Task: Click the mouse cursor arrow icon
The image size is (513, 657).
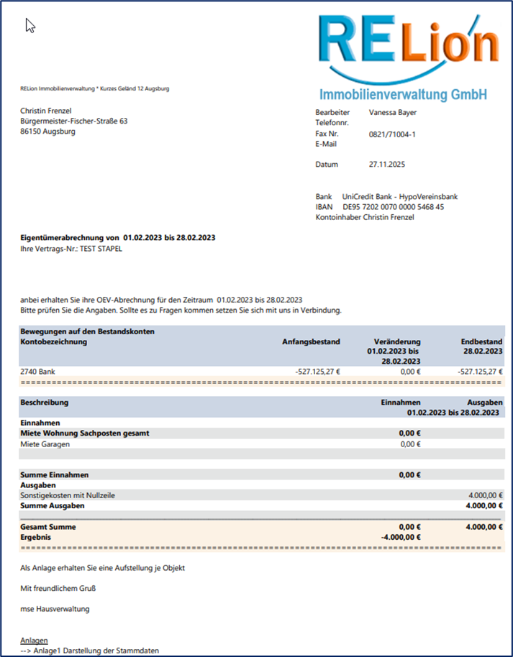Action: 30,26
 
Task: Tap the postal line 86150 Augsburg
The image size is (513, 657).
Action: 48,132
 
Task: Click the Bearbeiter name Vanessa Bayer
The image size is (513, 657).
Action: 392,113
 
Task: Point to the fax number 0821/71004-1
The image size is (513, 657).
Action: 392,134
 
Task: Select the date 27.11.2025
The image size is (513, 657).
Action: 387,165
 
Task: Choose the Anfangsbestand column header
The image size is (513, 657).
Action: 311,341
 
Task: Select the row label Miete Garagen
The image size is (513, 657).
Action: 45,444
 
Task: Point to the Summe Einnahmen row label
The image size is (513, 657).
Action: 55,475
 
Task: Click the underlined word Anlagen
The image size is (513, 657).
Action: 35,640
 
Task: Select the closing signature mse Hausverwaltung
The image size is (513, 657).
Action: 55,609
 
